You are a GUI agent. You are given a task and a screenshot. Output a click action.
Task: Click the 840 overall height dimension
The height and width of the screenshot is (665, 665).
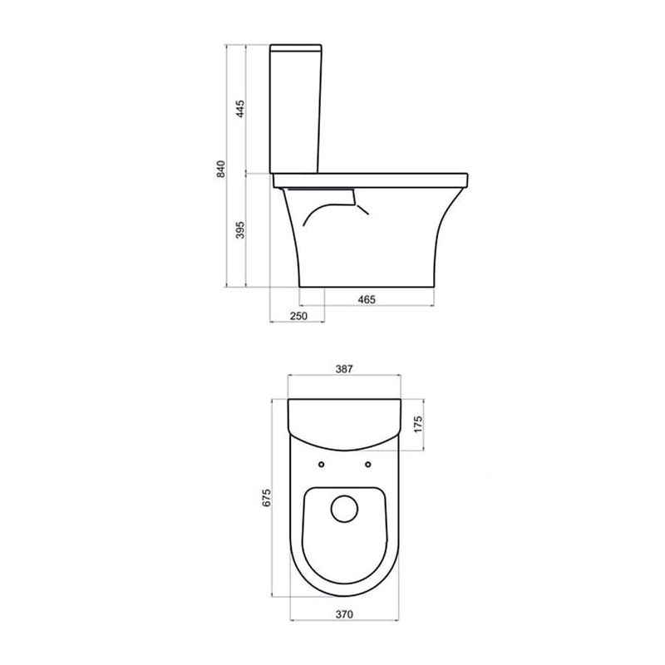point(221,169)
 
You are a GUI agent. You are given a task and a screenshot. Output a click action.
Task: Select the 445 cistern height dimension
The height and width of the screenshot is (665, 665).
point(240,109)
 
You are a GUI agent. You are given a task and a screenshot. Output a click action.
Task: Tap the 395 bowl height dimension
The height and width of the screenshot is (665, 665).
point(240,230)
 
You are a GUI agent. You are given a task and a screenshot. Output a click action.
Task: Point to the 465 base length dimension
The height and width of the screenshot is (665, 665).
point(367,299)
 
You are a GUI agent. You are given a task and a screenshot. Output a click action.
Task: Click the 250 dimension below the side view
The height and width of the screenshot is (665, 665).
point(298,316)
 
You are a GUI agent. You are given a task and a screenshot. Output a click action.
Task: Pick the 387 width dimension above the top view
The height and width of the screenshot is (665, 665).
point(344,369)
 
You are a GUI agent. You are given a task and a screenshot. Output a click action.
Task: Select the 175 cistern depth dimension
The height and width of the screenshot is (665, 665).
point(418,425)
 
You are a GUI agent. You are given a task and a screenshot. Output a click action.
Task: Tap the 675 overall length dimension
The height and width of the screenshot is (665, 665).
point(266,497)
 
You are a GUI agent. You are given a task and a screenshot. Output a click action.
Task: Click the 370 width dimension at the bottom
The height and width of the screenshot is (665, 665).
point(344,614)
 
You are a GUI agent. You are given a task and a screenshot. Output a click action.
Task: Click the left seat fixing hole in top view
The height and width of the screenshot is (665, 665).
point(321,465)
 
